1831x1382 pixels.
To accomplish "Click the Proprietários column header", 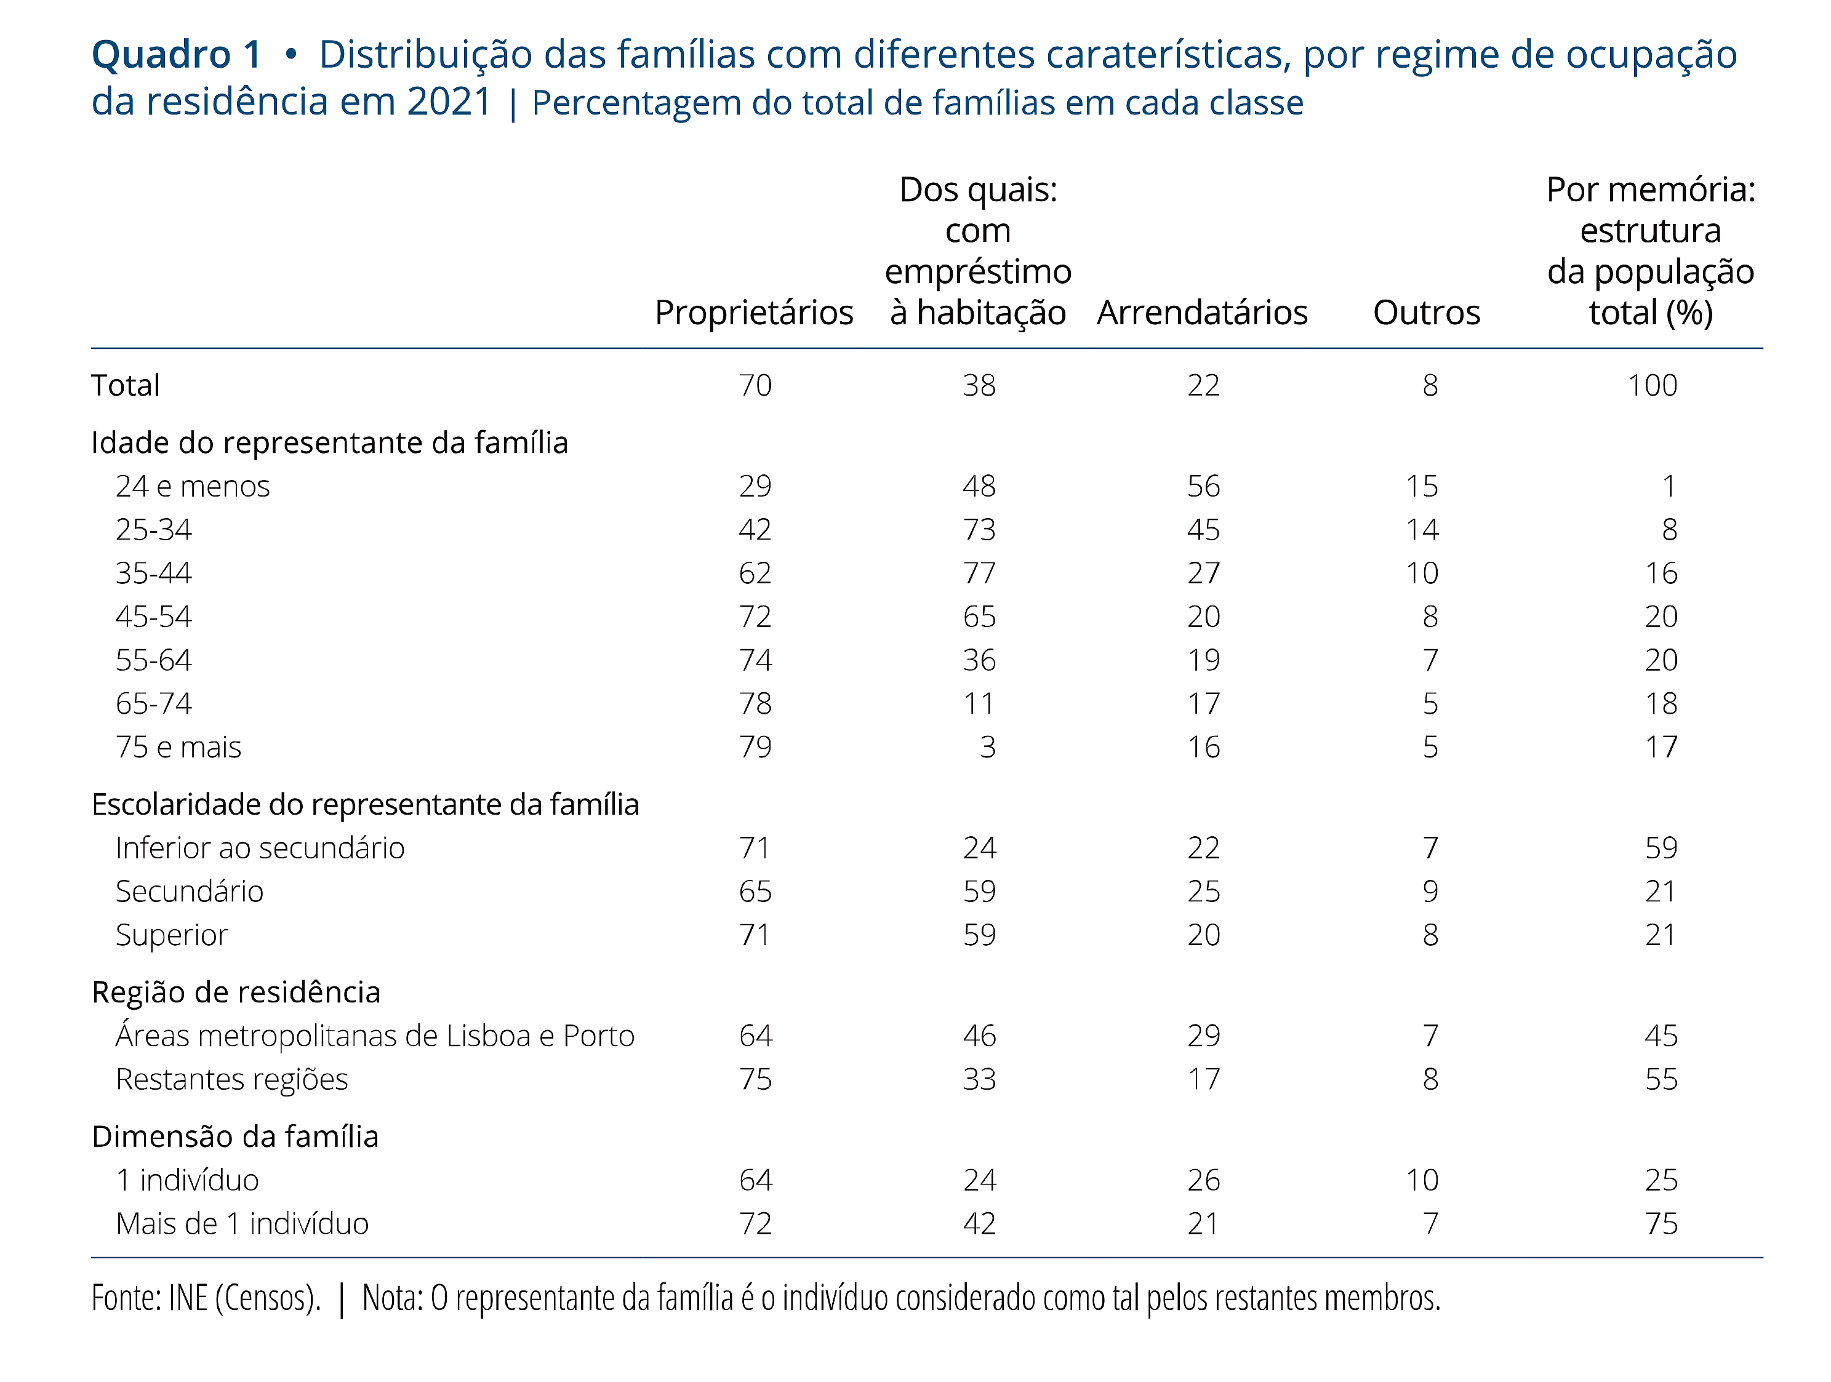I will [753, 313].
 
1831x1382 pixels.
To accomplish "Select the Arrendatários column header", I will [1202, 313].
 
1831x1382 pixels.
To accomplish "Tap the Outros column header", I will [1426, 313].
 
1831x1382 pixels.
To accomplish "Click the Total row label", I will [125, 386].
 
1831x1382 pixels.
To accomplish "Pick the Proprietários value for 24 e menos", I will [755, 485].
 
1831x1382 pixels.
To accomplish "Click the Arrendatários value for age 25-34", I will [1204, 530].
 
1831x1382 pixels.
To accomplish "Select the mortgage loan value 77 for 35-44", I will [979, 573].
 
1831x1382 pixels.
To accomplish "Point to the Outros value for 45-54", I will [1430, 617].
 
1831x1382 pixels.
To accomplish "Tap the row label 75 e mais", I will [178, 747].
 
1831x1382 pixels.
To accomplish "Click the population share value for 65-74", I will [1661, 703].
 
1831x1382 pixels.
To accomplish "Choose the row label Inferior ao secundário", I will [260, 849].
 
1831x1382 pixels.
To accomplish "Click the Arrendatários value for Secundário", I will [1204, 891].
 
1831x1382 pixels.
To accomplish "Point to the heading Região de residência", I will [236, 993].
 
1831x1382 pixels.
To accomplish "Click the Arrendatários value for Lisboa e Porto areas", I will [1204, 1036].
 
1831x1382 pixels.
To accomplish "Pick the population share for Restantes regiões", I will [1661, 1079].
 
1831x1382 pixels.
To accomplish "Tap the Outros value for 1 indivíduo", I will [1422, 1180].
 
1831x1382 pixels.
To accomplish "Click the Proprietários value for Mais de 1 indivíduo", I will [755, 1224].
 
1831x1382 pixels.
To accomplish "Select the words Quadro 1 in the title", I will [176, 55].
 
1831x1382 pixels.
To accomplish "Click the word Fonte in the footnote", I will [126, 1298].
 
